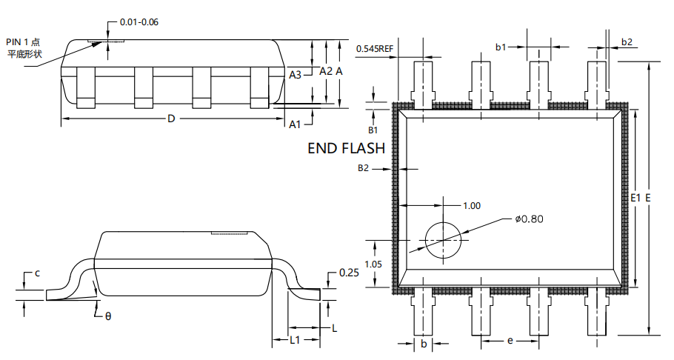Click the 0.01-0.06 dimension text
pos(139,21)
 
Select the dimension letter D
pos(170,119)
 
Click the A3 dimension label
pos(296,75)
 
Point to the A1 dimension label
pos(296,124)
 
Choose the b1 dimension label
pos(501,47)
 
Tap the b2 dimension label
pos(627,41)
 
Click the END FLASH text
pos(346,148)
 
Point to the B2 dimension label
pos(363,168)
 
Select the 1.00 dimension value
pos(471,205)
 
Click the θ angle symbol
pos(107,316)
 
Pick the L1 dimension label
pos(294,340)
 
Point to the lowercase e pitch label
pos(510,340)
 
